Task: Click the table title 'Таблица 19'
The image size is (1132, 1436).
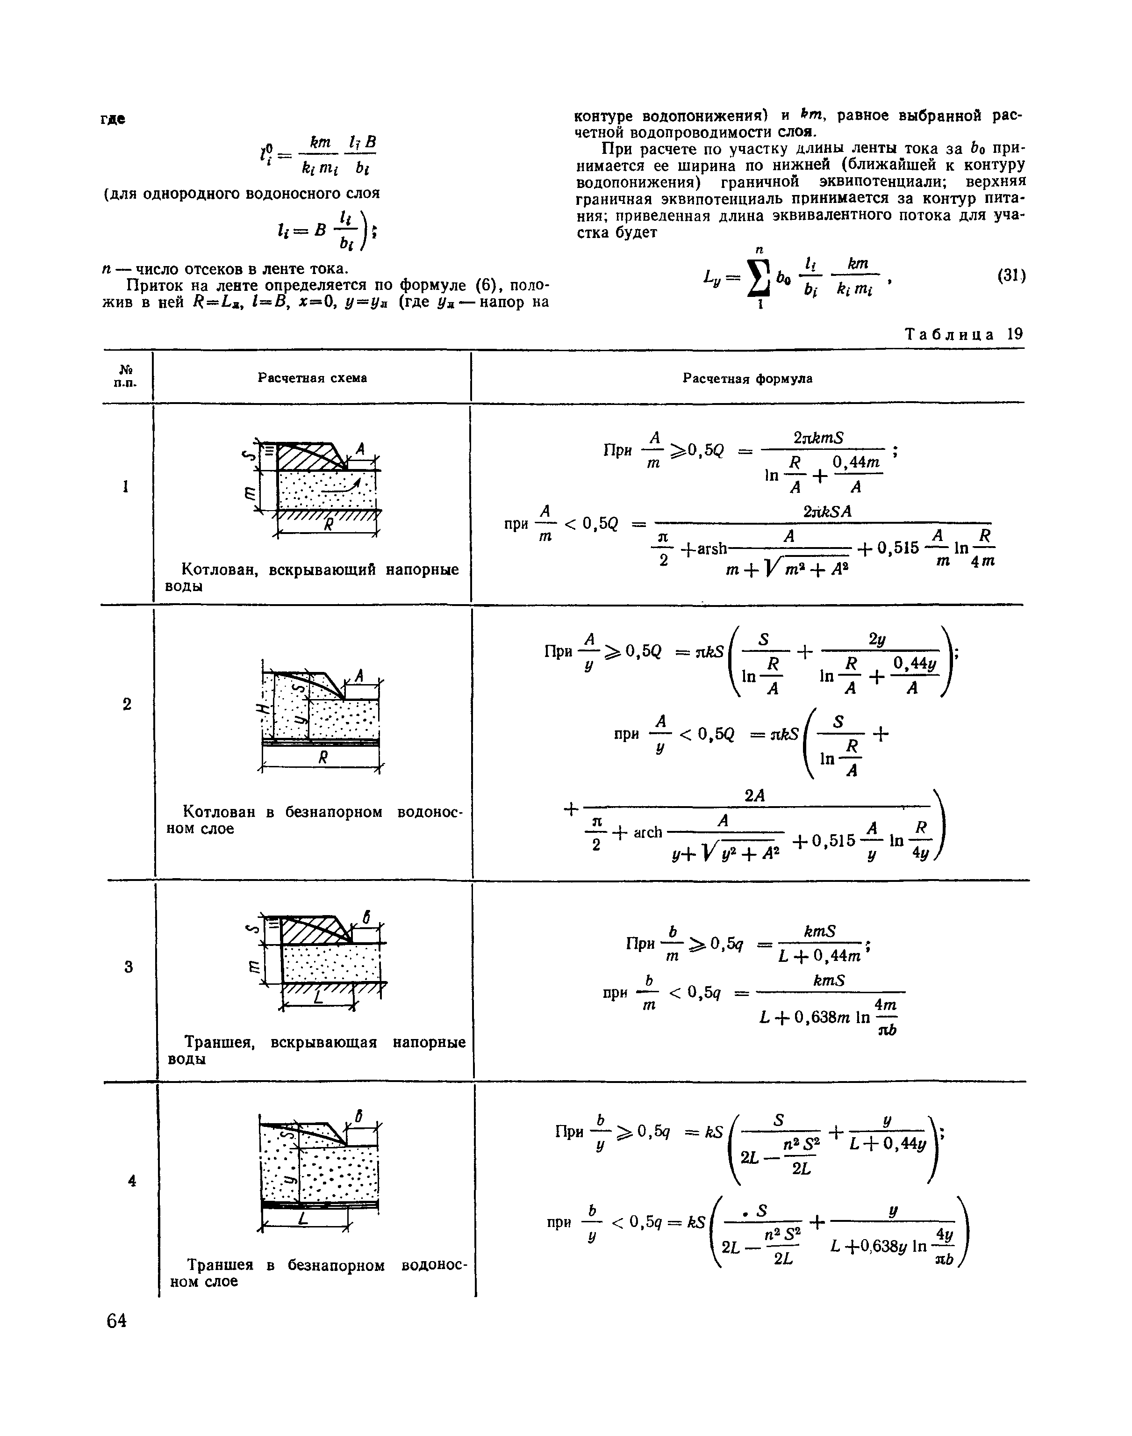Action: pyautogui.click(x=964, y=334)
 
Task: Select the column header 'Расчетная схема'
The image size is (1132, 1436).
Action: pyautogui.click(x=312, y=378)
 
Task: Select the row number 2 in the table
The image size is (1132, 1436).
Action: pyautogui.click(x=127, y=704)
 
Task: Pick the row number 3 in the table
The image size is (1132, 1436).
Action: pyautogui.click(x=128, y=967)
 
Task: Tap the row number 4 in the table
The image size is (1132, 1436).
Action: pyautogui.click(x=132, y=1181)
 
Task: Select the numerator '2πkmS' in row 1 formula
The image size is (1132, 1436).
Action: pyautogui.click(x=818, y=438)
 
